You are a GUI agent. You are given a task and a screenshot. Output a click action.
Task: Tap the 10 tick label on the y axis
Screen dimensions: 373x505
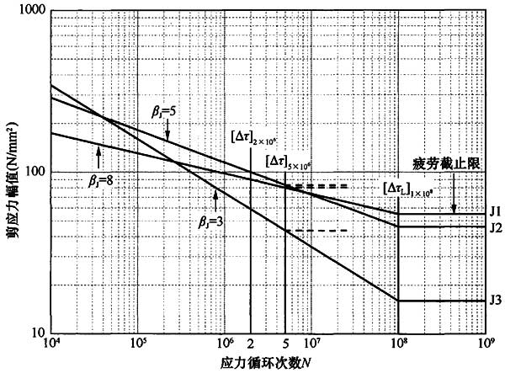click(x=40, y=333)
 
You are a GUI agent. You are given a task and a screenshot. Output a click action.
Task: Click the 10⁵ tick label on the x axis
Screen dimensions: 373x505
click(x=138, y=344)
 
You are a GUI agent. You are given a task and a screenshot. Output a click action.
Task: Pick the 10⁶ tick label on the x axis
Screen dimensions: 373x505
click(x=225, y=344)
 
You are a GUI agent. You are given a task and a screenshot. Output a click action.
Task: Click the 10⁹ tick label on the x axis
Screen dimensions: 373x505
click(x=486, y=344)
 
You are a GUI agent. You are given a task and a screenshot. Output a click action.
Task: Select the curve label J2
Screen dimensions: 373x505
click(x=496, y=227)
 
